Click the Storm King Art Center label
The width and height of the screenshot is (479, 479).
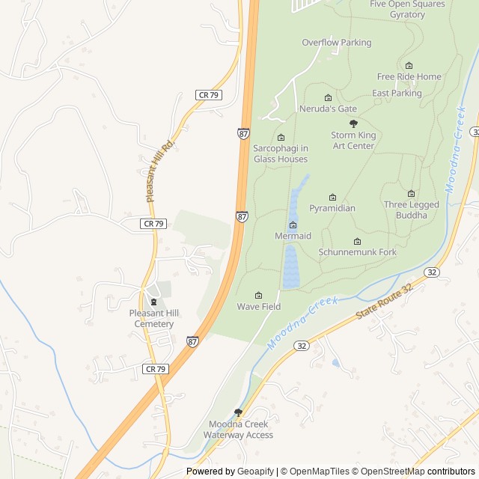point(353,141)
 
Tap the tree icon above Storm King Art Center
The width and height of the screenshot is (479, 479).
point(353,123)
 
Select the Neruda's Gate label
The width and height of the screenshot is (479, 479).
point(328,109)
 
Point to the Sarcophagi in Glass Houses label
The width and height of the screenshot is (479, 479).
point(280,153)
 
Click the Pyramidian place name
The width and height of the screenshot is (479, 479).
point(332,208)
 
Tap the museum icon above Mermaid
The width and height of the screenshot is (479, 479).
point(293,225)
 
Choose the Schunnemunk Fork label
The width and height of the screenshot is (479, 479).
point(358,252)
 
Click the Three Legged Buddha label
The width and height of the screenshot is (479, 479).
point(411,210)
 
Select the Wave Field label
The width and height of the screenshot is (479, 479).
point(259,307)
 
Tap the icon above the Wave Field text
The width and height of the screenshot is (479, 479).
point(259,295)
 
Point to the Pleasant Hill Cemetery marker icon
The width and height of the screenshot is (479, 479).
point(153,302)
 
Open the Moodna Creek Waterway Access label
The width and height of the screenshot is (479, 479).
point(240,430)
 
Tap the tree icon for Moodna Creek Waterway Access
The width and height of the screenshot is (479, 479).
point(239,412)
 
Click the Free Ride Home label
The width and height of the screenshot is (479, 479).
point(409,76)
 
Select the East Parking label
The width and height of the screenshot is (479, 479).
point(397,94)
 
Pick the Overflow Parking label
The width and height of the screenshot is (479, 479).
point(336,43)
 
